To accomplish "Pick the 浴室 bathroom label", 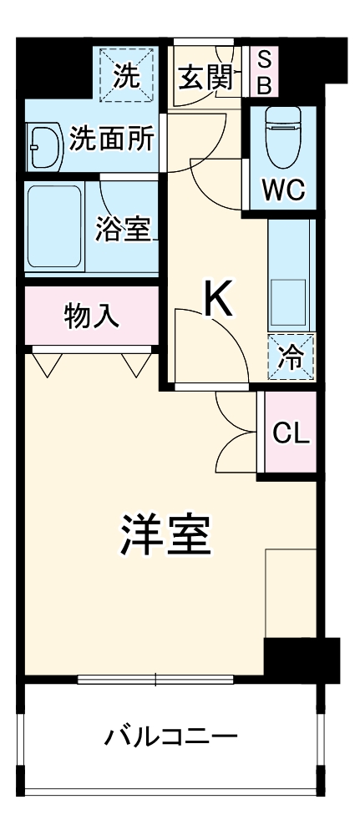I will coord(123,229).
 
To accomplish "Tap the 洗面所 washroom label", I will coord(111,138).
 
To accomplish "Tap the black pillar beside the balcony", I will coord(301,659).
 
